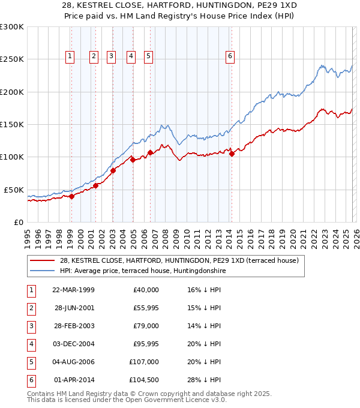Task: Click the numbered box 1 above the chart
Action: (x=70, y=56)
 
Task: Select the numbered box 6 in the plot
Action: (x=230, y=56)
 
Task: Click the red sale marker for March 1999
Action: (x=71, y=196)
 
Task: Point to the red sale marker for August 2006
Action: (x=150, y=152)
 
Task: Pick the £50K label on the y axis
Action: (x=14, y=190)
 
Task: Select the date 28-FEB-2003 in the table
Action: (x=74, y=326)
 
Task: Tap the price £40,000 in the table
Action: (x=145, y=290)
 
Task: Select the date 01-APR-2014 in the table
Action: (x=74, y=380)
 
